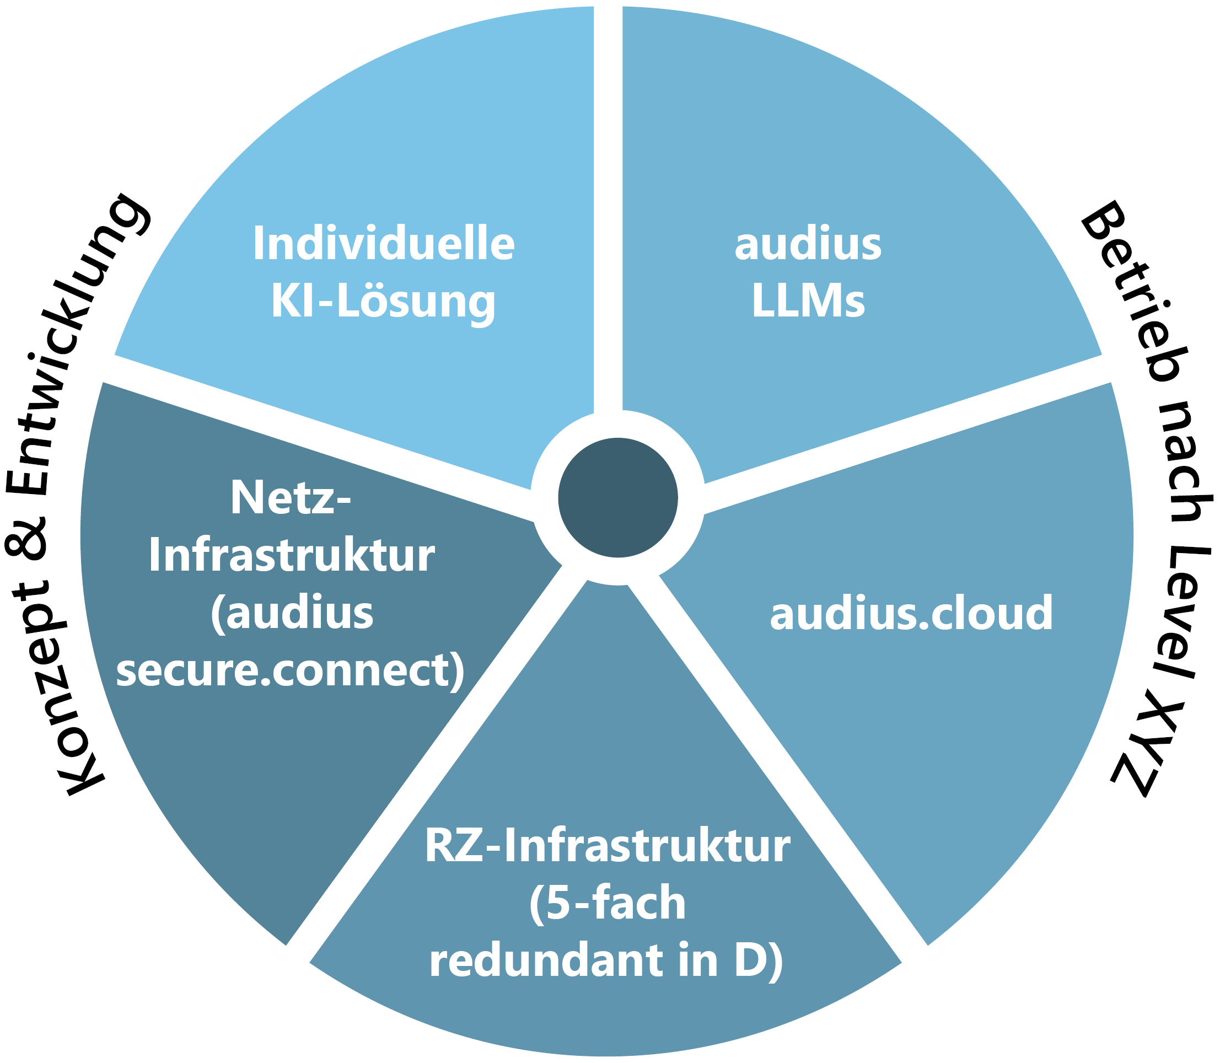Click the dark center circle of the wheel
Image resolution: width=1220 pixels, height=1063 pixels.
pos(617,498)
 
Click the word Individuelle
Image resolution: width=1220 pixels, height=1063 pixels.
pos(384,244)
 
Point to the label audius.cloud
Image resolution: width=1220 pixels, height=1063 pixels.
pos(911,613)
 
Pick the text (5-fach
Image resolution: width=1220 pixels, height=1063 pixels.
pos(608,904)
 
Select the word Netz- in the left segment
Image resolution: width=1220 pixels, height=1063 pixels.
pos(291,498)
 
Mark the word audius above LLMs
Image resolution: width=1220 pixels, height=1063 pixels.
pos(808,244)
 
